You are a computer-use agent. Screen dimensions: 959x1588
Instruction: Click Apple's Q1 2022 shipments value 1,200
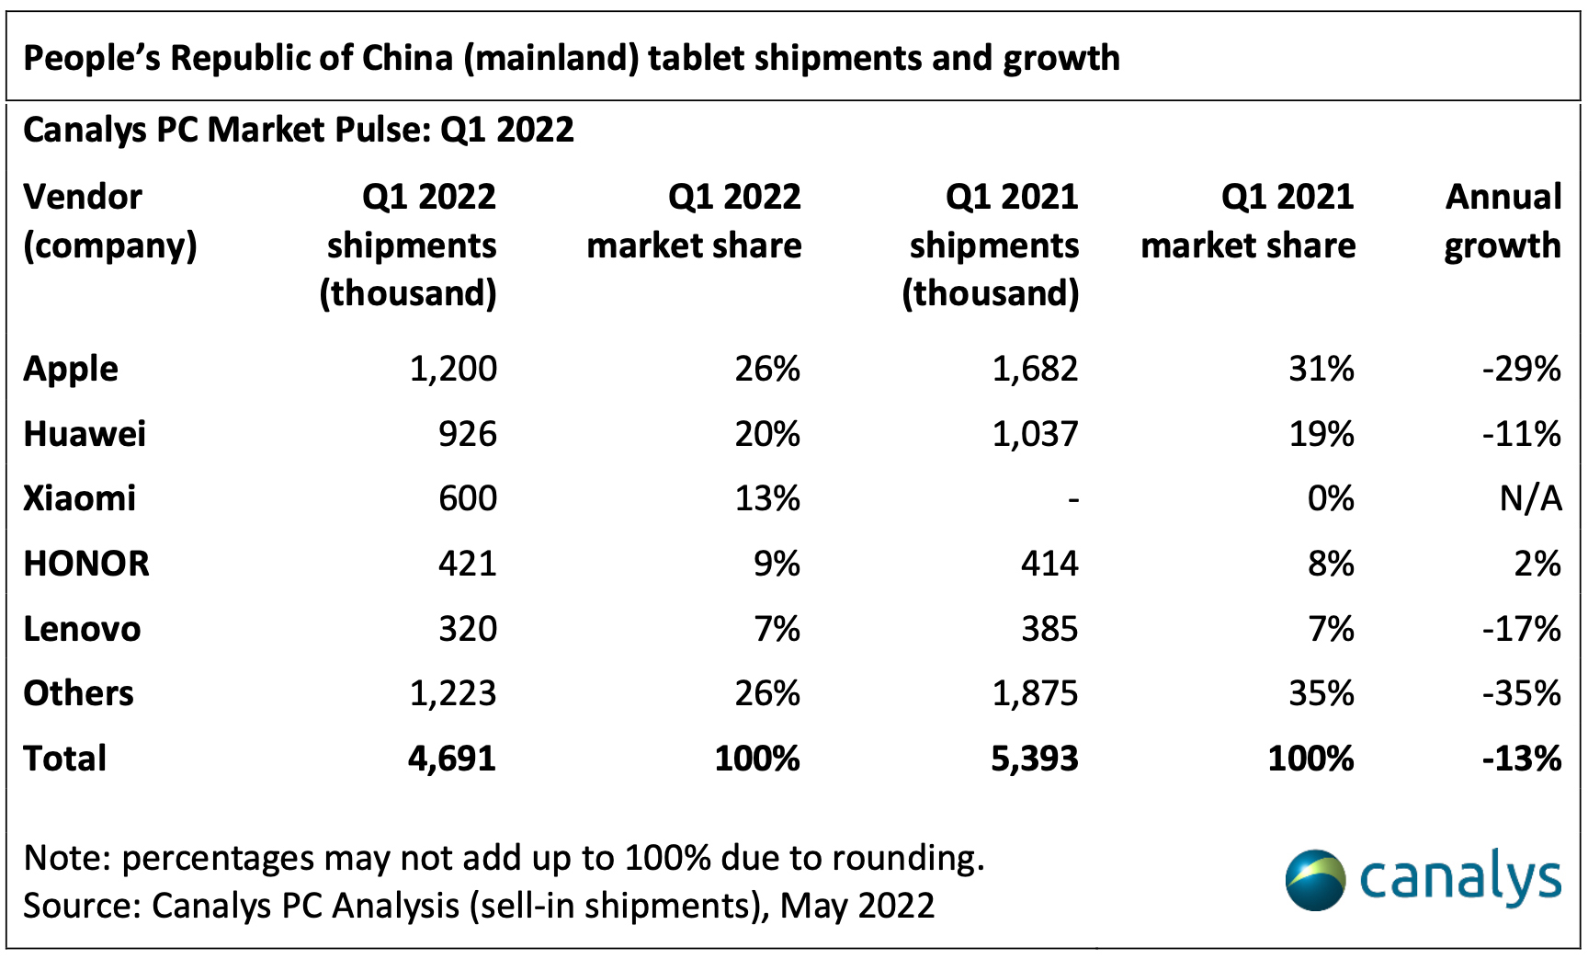[x=453, y=369]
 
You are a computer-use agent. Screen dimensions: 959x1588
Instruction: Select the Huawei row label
[x=85, y=434]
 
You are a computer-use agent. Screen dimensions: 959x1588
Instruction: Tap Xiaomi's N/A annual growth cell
[x=1530, y=498]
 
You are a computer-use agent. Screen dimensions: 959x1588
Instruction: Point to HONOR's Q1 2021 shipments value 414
[x=1049, y=564]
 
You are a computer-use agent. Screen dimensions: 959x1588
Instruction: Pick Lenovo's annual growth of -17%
[x=1521, y=629]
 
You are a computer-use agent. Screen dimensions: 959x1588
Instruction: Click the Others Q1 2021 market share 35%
[x=1321, y=693]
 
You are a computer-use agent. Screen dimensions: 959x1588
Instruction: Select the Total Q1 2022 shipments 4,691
[x=452, y=759]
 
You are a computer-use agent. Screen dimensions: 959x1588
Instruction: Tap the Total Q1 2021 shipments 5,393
[x=1035, y=759]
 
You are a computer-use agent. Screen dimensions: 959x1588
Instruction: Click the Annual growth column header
[x=1503, y=221]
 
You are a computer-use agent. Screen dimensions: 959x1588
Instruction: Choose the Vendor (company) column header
[x=110, y=221]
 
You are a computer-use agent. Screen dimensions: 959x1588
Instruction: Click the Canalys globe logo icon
[x=1315, y=880]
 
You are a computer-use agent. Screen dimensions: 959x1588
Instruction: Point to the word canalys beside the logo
[x=1460, y=879]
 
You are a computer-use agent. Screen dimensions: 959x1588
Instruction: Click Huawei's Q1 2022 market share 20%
[x=767, y=434]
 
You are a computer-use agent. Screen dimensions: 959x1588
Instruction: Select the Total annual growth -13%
[x=1521, y=759]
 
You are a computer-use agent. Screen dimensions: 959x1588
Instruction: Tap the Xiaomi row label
[x=80, y=498]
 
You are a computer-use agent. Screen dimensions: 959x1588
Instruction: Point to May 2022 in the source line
[x=857, y=906]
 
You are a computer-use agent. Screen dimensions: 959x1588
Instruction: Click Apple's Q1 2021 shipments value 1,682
[x=1035, y=369]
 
